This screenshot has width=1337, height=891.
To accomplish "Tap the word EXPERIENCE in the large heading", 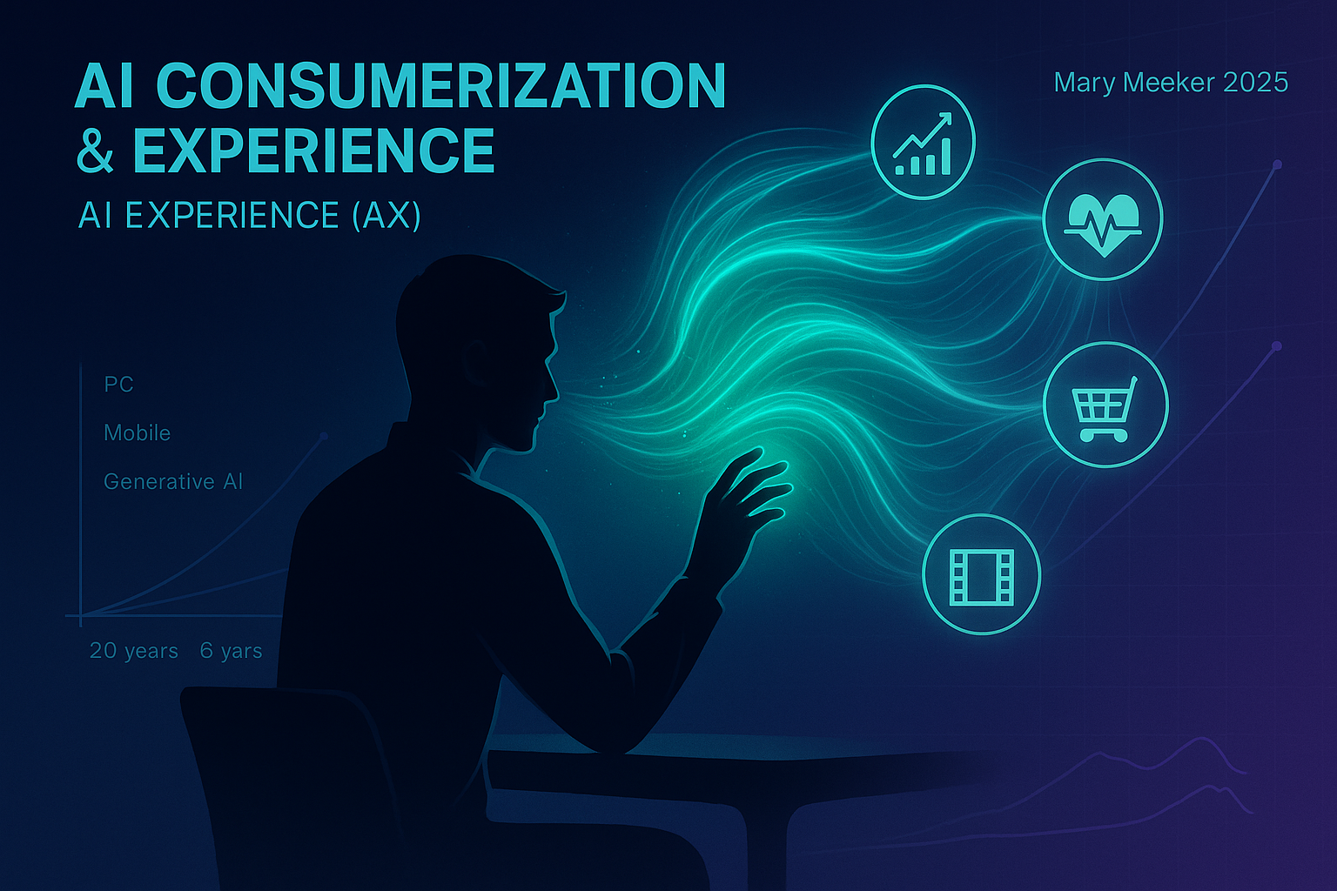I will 313,151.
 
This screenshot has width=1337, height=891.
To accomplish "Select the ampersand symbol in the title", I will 95,151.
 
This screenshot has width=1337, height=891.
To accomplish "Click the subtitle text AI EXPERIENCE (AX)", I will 249,215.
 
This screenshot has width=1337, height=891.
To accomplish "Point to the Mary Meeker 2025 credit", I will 1170,83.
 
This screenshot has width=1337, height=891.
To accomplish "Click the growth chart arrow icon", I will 923,142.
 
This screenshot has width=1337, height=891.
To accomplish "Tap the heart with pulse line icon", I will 1103,219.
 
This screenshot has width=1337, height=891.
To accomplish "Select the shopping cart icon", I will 1105,405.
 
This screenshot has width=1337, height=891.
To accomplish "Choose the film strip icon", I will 982,574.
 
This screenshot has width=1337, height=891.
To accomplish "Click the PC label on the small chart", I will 118,385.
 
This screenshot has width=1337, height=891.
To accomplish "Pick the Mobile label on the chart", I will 137,433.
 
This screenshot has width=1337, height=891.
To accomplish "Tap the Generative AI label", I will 172,482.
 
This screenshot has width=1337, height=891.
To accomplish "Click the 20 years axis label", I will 133,651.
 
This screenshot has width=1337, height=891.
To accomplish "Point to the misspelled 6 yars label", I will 231,651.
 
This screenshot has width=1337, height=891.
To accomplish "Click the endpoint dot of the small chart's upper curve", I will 324,435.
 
